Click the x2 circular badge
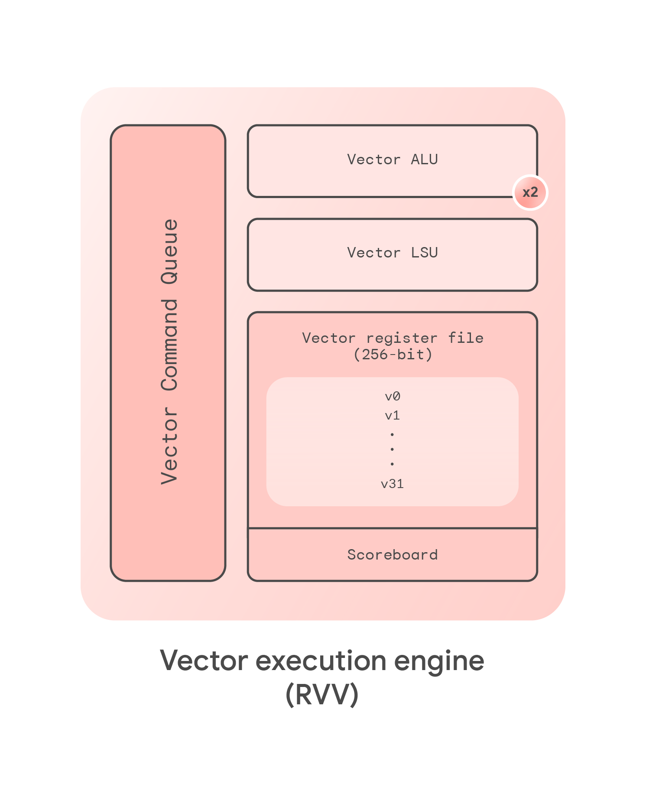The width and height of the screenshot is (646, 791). click(530, 192)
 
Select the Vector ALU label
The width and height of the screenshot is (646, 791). click(392, 160)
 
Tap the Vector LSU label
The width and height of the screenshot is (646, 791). click(392, 253)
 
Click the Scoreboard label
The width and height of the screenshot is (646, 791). click(392, 555)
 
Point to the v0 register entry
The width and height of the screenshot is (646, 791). click(393, 396)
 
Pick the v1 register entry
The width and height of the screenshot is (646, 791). click(393, 416)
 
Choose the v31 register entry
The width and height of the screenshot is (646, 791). click(393, 484)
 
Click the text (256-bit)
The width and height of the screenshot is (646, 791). click(393, 355)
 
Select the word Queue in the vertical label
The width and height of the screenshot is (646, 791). click(170, 251)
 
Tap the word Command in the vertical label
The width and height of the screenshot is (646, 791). click(170, 345)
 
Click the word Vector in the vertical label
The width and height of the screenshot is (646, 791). click(170, 446)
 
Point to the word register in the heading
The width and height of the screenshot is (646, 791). click(401, 338)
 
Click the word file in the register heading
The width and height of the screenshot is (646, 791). click(465, 338)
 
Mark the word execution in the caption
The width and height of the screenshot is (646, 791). click(321, 661)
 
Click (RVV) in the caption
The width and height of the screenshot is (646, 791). click(322, 695)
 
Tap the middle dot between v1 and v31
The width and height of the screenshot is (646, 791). click(392, 449)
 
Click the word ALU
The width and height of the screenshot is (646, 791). click(424, 160)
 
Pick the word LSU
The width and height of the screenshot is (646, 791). click(424, 253)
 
